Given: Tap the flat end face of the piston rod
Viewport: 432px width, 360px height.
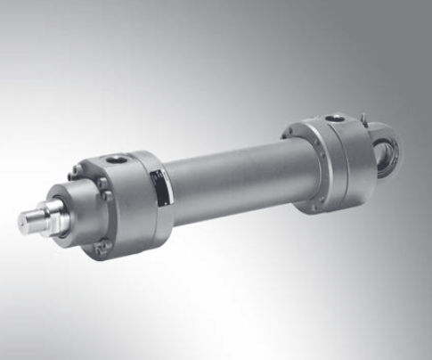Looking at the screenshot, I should pyautogui.click(x=20, y=218).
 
